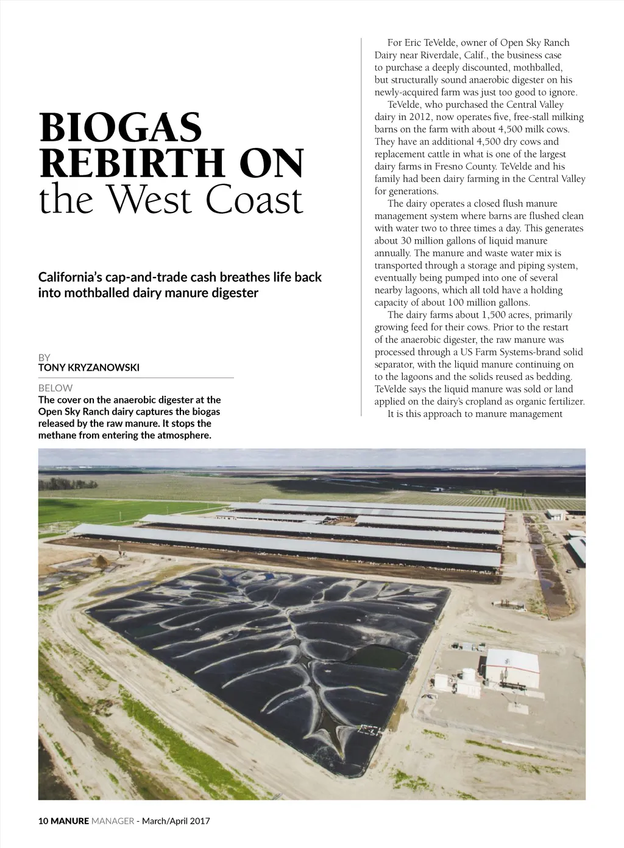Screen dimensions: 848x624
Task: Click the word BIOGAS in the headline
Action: pyautogui.click(x=120, y=128)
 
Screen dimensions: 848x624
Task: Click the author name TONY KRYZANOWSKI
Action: pyautogui.click(x=88, y=368)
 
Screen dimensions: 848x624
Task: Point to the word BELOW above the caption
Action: pyautogui.click(x=55, y=388)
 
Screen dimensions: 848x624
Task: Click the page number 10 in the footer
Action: pyautogui.click(x=43, y=821)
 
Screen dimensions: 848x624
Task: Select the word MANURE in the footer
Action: pyautogui.click(x=69, y=821)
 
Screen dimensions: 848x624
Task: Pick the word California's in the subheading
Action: pyautogui.click(x=69, y=278)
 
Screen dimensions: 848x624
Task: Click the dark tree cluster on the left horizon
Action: pyautogui.click(x=67, y=485)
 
